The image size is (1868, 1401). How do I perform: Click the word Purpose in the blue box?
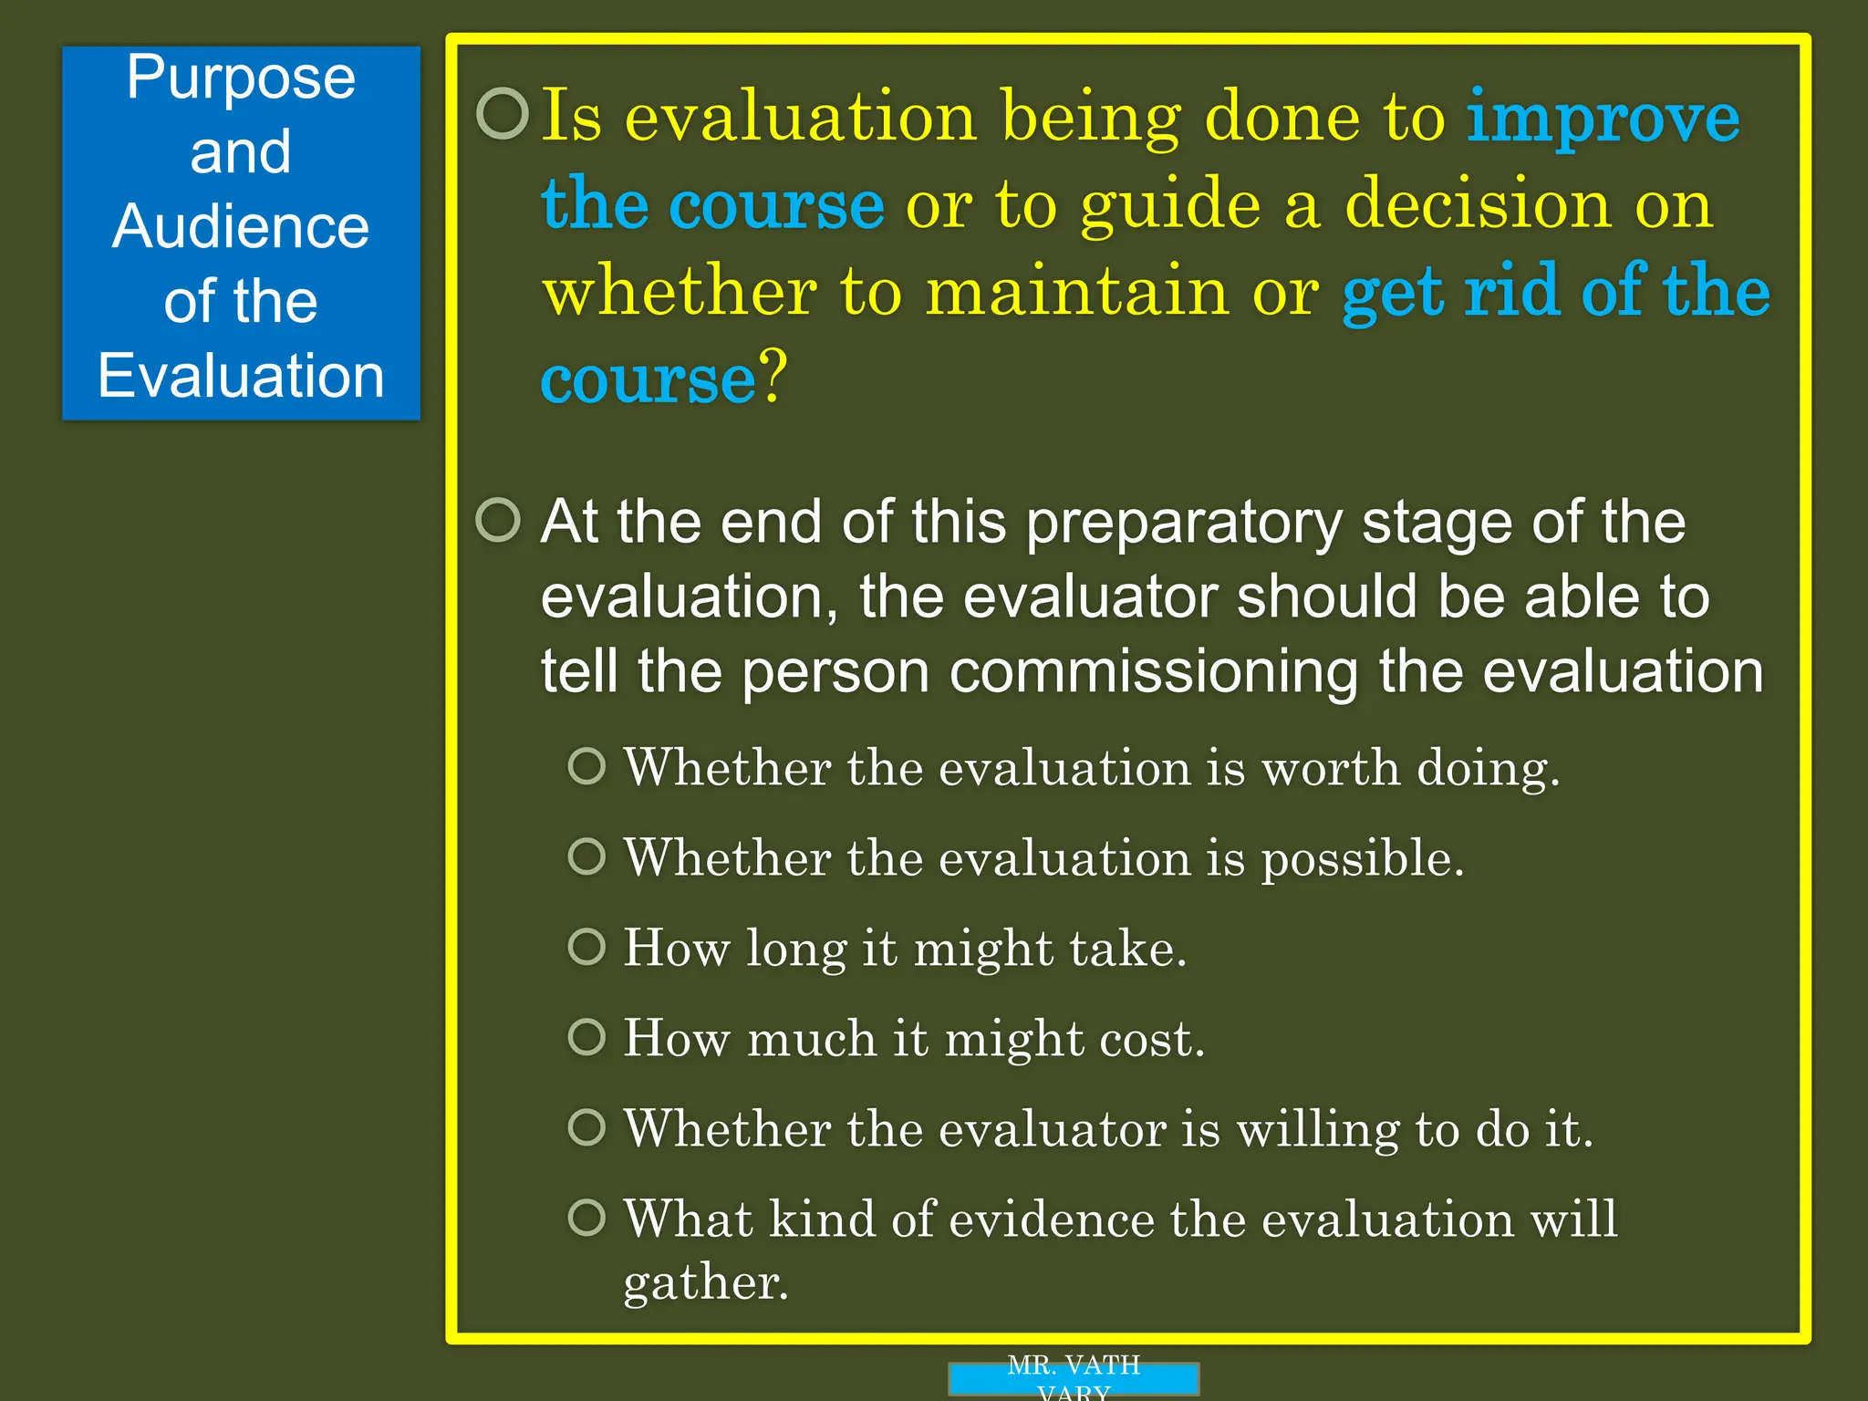(241, 79)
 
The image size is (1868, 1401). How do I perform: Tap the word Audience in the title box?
(241, 226)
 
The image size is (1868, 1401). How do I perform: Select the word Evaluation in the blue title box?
(241, 376)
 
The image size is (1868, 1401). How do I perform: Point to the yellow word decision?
(1478, 205)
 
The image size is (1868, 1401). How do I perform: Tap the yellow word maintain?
(1077, 292)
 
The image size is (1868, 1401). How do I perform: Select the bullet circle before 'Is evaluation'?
(503, 114)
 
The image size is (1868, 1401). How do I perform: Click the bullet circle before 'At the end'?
(499, 520)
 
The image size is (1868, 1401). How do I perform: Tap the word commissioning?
(1153, 672)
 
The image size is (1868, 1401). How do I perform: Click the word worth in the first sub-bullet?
(1330, 768)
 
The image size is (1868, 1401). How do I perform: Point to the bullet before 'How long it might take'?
(586, 947)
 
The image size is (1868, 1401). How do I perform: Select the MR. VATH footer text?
(1074, 1366)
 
